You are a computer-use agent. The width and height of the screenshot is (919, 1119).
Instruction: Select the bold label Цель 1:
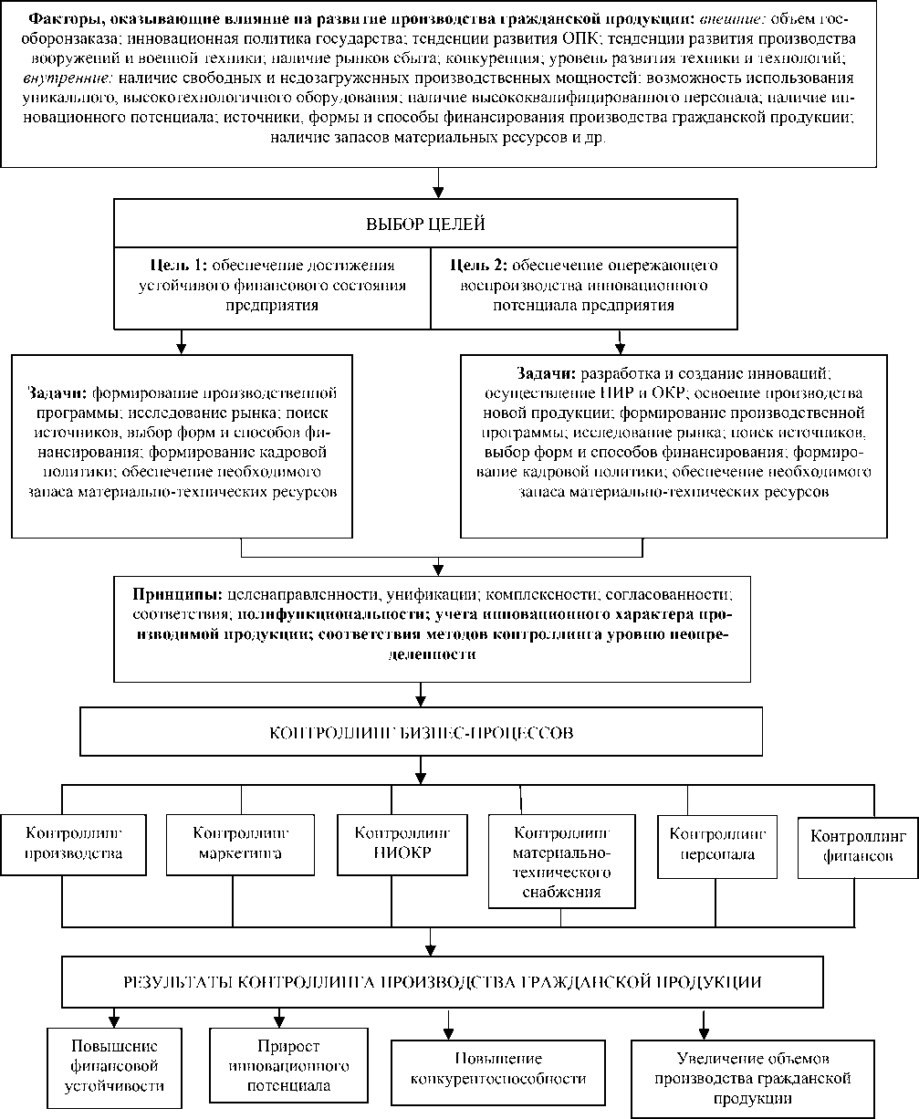point(178,265)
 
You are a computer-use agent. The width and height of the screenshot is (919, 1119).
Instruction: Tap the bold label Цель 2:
point(480,265)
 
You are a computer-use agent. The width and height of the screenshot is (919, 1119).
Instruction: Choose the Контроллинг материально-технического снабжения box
point(562,862)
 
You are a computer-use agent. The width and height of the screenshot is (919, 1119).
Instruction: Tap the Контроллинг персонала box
point(718,845)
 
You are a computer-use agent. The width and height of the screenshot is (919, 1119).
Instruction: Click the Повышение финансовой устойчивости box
point(114,1065)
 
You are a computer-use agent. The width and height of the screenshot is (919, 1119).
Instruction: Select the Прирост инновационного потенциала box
point(281,1065)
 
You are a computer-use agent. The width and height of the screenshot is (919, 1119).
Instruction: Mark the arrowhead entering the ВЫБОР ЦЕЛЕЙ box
point(438,193)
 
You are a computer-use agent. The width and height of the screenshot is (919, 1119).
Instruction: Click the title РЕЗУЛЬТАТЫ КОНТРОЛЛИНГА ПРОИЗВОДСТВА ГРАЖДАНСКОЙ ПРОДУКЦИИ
point(443,982)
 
